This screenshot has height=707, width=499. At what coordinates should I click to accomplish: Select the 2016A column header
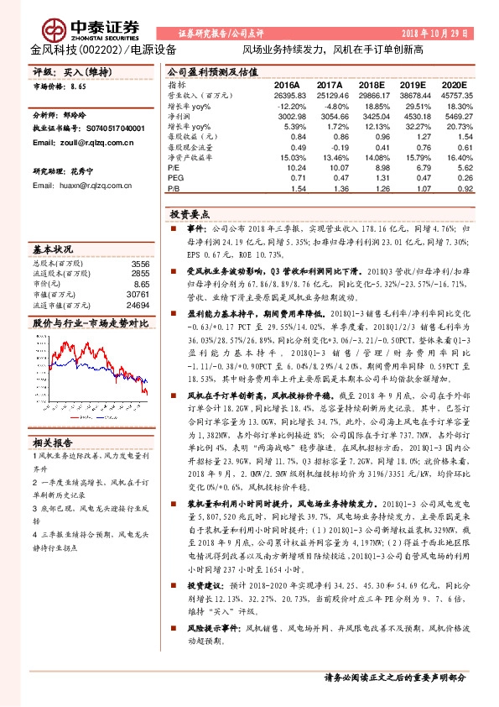(x=287, y=86)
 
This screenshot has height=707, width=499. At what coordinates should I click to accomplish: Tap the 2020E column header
(x=455, y=86)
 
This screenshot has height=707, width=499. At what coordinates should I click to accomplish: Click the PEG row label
(x=175, y=178)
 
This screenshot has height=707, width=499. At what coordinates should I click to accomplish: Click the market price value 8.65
(x=78, y=86)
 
